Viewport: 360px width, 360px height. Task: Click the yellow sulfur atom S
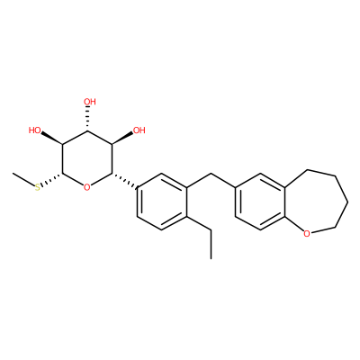(38, 188)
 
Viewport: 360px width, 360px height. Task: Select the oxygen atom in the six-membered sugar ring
(87, 188)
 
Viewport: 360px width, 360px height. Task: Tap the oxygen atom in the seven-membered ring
(306, 233)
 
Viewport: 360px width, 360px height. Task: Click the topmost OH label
(90, 102)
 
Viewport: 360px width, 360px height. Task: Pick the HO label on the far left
(35, 130)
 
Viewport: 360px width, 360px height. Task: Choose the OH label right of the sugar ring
(139, 130)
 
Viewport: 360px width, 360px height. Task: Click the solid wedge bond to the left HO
(52, 138)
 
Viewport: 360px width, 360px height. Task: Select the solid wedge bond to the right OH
(122, 138)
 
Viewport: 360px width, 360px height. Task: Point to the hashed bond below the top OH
(87, 119)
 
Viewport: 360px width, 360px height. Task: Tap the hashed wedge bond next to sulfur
(51, 181)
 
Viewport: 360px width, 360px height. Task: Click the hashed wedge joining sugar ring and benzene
(124, 181)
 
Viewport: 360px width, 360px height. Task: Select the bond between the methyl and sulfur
(23, 180)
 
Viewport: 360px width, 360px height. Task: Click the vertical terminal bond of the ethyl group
(211, 244)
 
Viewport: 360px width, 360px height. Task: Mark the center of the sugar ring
(87, 159)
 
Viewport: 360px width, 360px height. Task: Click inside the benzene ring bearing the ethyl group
(162, 202)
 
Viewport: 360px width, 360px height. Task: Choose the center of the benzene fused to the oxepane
(259, 202)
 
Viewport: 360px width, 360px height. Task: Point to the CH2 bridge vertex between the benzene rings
(211, 174)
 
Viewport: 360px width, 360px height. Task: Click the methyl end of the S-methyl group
(13, 174)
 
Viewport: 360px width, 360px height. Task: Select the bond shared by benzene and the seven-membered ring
(283, 202)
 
